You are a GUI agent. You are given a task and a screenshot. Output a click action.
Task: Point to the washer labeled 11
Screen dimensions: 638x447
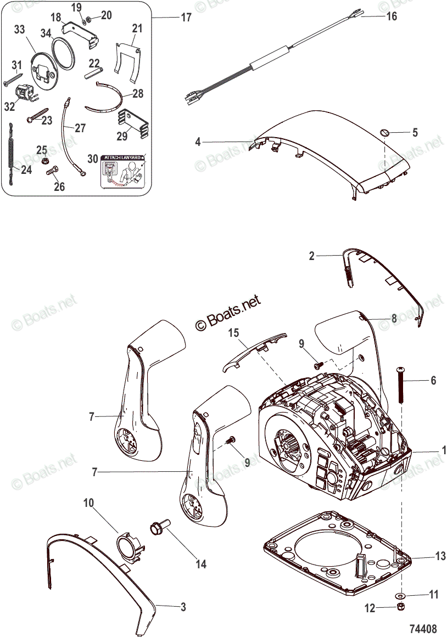click(401, 595)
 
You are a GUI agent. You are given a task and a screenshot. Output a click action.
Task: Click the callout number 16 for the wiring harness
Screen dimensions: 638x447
click(392, 16)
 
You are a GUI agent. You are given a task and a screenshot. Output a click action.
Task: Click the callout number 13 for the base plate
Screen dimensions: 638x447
click(440, 557)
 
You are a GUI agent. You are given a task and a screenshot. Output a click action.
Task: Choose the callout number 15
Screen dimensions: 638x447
click(234, 333)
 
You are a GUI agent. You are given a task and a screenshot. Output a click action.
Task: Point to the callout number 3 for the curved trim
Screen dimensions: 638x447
click(183, 607)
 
